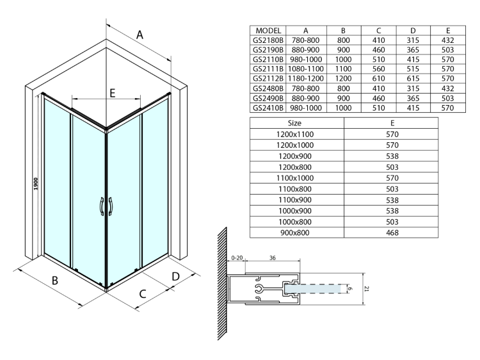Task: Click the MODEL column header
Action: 268,30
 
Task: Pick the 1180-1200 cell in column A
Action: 306,79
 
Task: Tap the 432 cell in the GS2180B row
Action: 447,40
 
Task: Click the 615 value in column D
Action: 412,79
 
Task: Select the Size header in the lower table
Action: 295,122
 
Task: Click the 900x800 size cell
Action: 295,232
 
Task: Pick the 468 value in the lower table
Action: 392,232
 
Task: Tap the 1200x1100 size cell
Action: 295,135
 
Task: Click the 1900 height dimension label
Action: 37,183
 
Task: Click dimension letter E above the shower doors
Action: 112,94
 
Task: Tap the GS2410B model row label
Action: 268,108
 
